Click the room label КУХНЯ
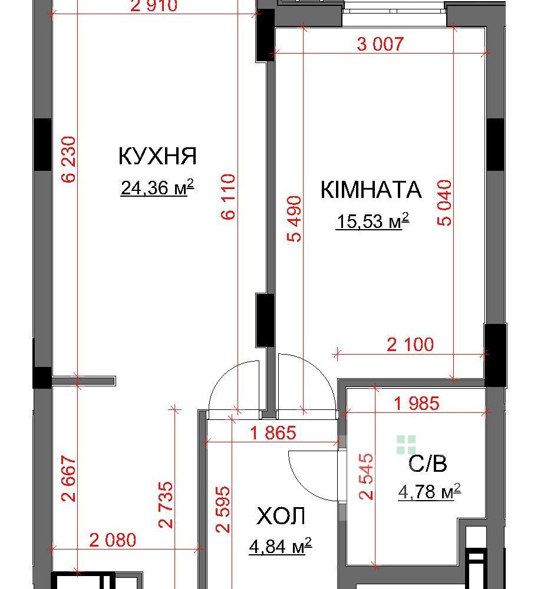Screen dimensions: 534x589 157,156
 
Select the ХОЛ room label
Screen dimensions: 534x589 281,516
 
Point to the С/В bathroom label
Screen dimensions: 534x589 428,464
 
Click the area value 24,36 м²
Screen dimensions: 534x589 157,187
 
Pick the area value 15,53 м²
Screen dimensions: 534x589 372,220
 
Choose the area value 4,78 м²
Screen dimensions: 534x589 430,491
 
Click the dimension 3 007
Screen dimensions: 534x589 380,44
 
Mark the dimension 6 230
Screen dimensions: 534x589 69,159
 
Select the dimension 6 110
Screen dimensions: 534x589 228,197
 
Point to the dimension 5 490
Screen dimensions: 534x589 294,219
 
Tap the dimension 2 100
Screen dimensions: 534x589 410,344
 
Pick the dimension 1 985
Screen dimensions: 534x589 416,403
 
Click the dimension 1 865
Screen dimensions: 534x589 273,433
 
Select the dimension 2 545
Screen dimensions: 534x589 367,477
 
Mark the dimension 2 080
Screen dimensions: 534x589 113,540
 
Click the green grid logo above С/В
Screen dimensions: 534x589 406,445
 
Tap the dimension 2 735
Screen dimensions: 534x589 166,505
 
